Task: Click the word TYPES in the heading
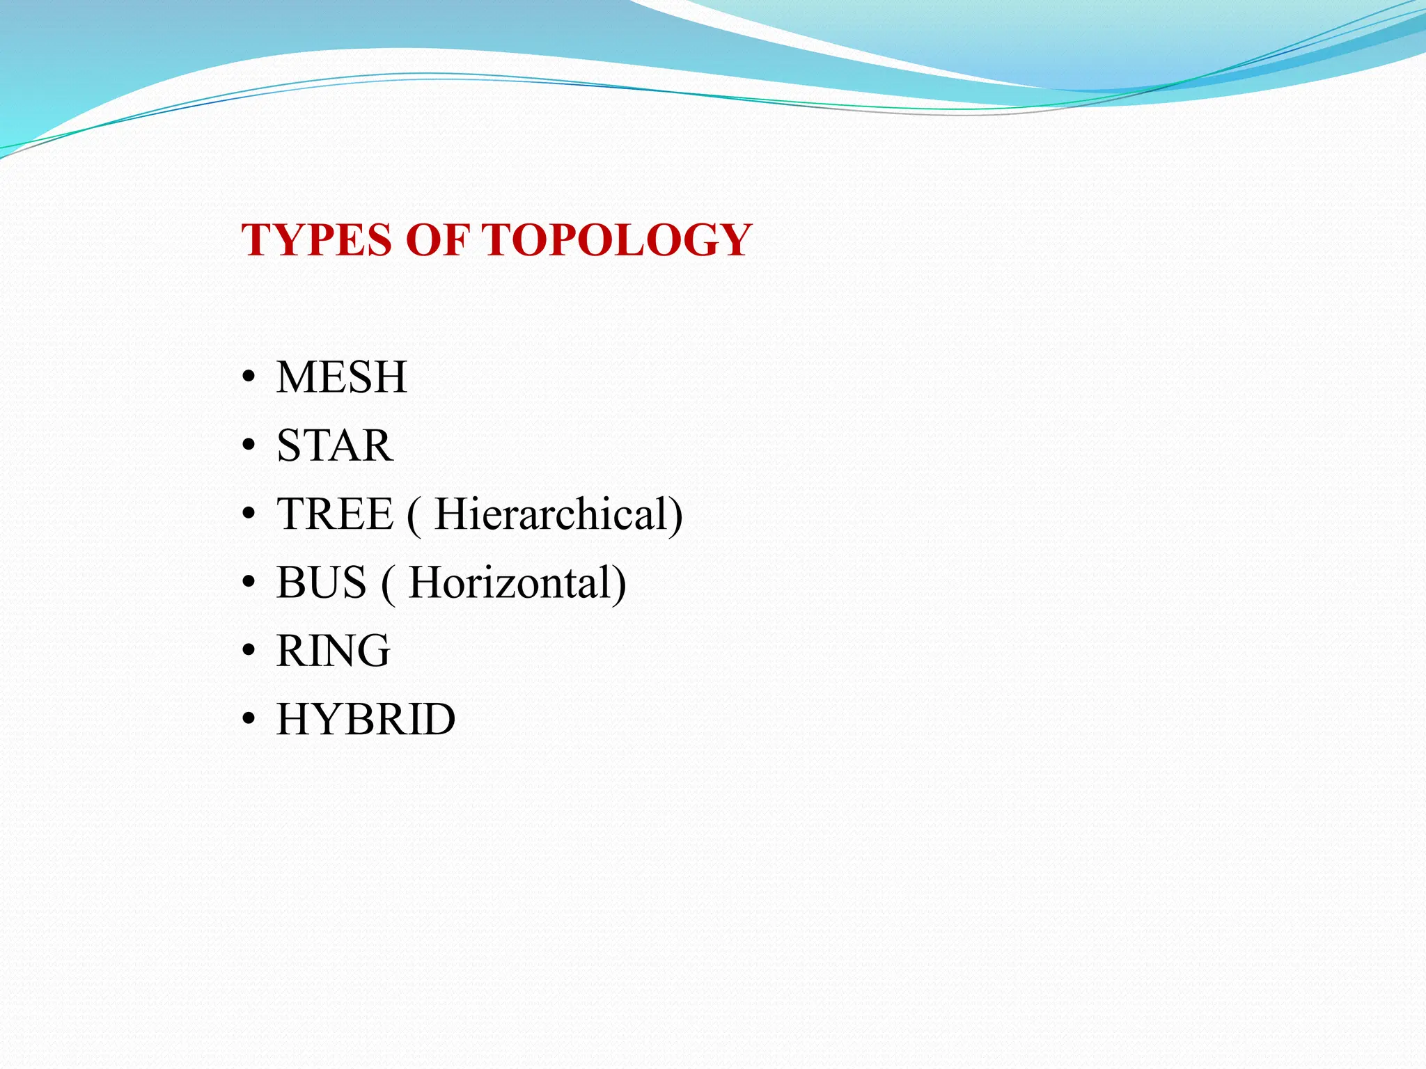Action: tap(316, 240)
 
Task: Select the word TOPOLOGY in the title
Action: tap(616, 240)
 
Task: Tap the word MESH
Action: tap(341, 377)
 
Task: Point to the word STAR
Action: tap(334, 445)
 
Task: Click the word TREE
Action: tap(335, 514)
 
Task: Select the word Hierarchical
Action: tap(550, 514)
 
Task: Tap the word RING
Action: tap(333, 651)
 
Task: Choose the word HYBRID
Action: tap(366, 719)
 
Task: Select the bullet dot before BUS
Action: tap(249, 584)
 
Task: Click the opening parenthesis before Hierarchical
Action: tap(414, 516)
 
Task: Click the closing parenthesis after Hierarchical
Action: tap(676, 516)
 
